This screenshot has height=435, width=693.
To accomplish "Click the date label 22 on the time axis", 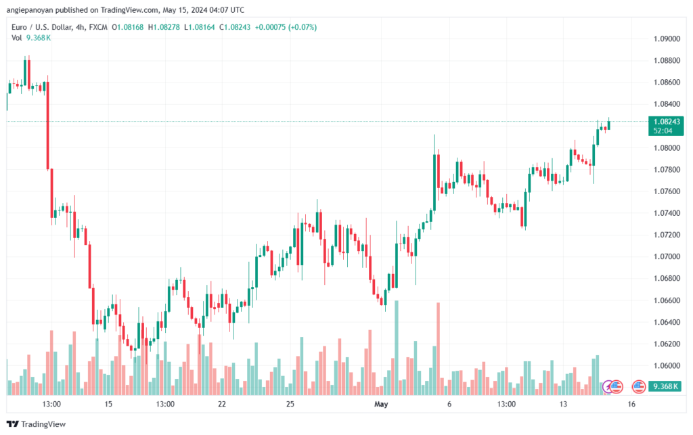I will point(221,404).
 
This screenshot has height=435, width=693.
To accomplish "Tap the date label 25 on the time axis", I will point(290,404).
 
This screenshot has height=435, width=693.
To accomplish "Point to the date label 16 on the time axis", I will point(631,404).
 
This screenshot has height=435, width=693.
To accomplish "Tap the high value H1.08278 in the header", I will point(162,27).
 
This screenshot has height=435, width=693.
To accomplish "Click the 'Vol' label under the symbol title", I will point(17,37).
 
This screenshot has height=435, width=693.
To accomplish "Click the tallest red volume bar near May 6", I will point(439,348).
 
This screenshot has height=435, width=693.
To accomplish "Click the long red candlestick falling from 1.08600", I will point(47,125).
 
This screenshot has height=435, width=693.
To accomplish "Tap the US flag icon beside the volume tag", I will point(638,387).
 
